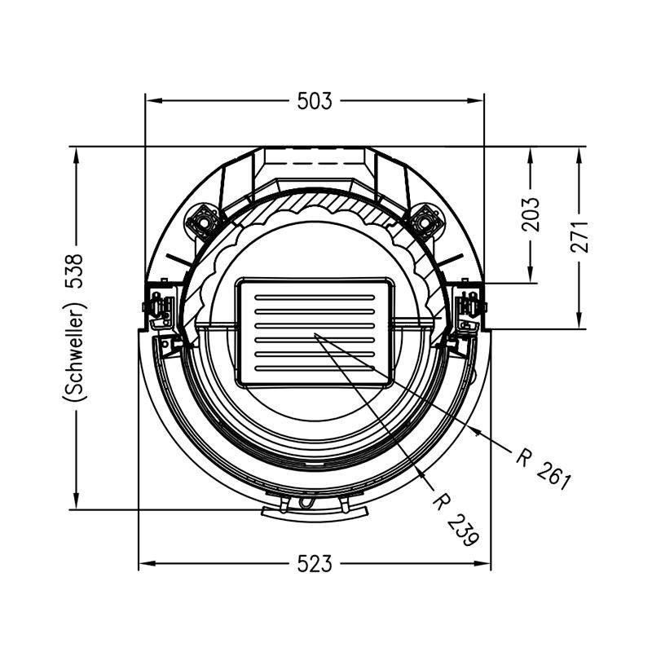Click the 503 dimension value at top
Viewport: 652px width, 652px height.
pos(315,101)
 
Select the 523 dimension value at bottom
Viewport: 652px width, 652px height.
pos(315,564)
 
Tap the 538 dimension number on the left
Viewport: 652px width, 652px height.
pos(74,271)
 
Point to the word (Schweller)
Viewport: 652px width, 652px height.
pos(74,352)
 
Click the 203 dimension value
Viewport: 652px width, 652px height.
pos(531,214)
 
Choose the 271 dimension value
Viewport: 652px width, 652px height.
pos(579,237)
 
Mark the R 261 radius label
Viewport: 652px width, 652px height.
pos(544,469)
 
